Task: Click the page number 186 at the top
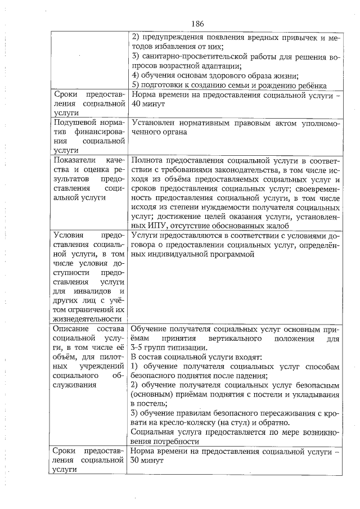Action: click(x=197, y=24)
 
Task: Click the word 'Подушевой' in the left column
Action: click(x=73, y=123)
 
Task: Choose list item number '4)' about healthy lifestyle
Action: click(x=135, y=75)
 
